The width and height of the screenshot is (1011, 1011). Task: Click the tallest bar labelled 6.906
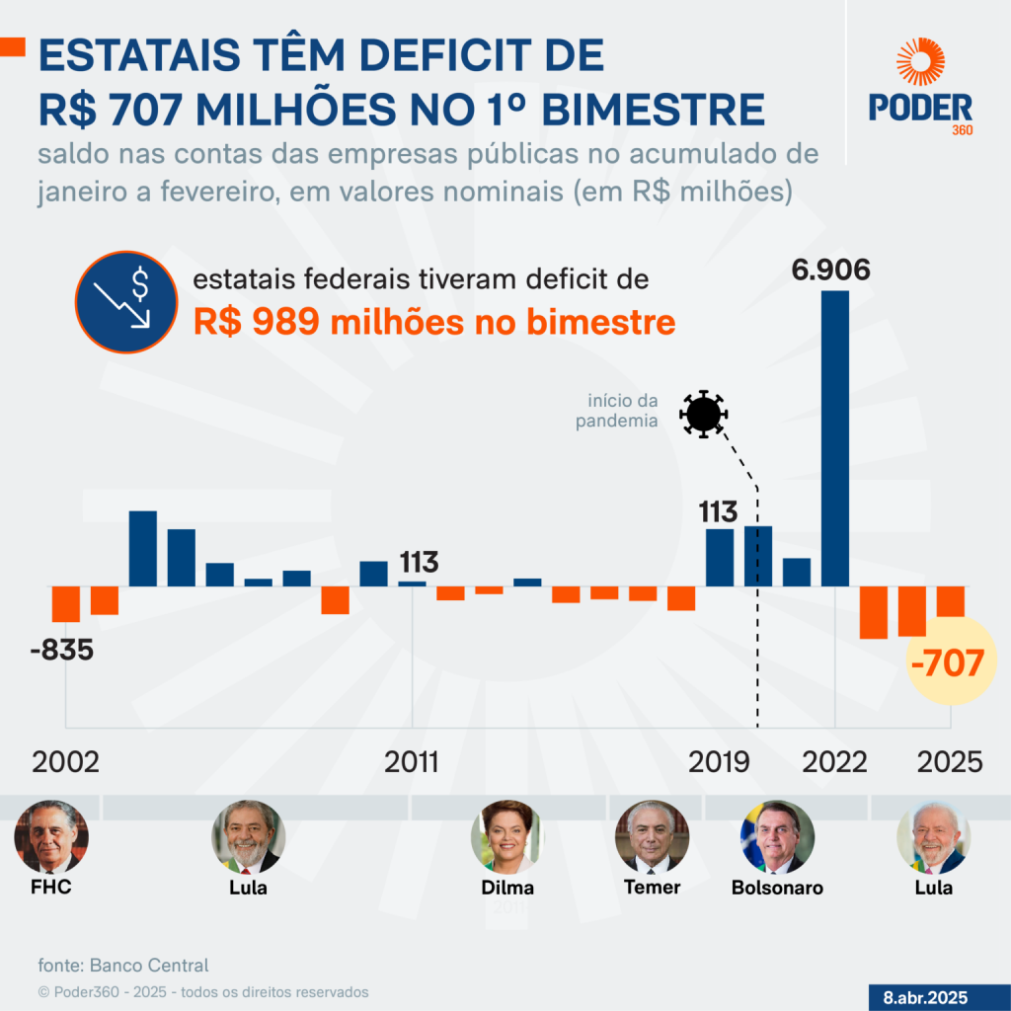(835, 438)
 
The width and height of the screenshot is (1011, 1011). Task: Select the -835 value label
(61, 651)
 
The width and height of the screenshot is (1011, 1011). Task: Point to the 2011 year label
(412, 762)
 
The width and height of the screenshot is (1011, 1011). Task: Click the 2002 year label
(66, 762)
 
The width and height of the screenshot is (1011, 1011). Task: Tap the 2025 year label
(950, 762)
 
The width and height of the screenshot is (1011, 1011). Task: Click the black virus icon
(703, 414)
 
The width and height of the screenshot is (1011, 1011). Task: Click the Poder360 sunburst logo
(920, 62)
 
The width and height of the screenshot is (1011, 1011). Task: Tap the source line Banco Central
(123, 965)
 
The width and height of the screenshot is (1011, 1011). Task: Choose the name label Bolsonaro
(777, 887)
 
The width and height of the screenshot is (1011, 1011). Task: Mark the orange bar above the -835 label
(66, 603)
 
